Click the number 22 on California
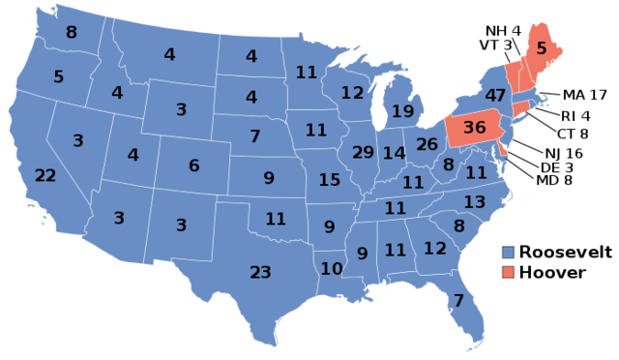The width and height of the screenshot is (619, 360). pos(45,176)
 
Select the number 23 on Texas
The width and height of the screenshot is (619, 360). pos(260,273)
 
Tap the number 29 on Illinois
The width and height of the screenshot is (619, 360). pos(363,153)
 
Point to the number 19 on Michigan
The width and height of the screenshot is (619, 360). pos(402,112)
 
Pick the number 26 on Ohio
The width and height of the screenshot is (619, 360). pos(427,145)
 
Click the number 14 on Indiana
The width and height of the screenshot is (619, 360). pos(394,154)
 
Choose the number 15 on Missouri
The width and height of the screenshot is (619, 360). pos(329,180)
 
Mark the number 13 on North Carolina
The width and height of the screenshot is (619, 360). pos(474,202)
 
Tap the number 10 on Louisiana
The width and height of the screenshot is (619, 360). pos(332,269)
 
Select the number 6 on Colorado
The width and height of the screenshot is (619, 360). pos(193,166)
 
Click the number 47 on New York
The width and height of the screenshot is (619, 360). pos(495,96)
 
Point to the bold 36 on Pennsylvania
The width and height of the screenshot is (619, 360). pos(474,128)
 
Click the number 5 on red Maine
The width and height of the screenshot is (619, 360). pos(542,47)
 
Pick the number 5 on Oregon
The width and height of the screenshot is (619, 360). pos(58,76)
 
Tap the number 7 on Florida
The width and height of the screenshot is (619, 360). pos(458,301)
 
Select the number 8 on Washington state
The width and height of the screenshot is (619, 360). pos(71,33)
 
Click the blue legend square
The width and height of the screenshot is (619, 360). pos(509,252)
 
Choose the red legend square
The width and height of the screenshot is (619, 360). pos(509,272)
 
